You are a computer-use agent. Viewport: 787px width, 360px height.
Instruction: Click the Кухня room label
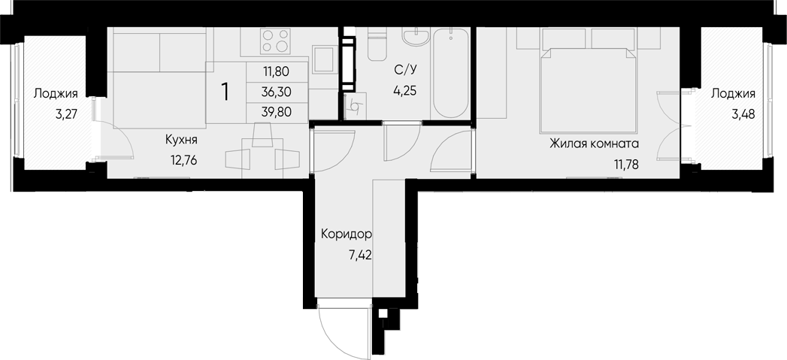coord(181,139)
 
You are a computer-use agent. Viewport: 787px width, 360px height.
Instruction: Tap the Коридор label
coord(347,234)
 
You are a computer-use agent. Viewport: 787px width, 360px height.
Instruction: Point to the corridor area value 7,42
coord(360,255)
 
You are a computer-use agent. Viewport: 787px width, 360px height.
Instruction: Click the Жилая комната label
coord(593,143)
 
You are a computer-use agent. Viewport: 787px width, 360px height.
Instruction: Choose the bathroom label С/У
coord(406,71)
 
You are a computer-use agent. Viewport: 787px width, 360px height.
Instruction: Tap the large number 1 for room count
coord(225,92)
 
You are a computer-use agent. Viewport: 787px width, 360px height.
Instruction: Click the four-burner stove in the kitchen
coord(274,41)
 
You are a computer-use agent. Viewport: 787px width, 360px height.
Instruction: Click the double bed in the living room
coord(589,83)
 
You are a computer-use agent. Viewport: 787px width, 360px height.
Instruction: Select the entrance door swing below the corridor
coord(344,327)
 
